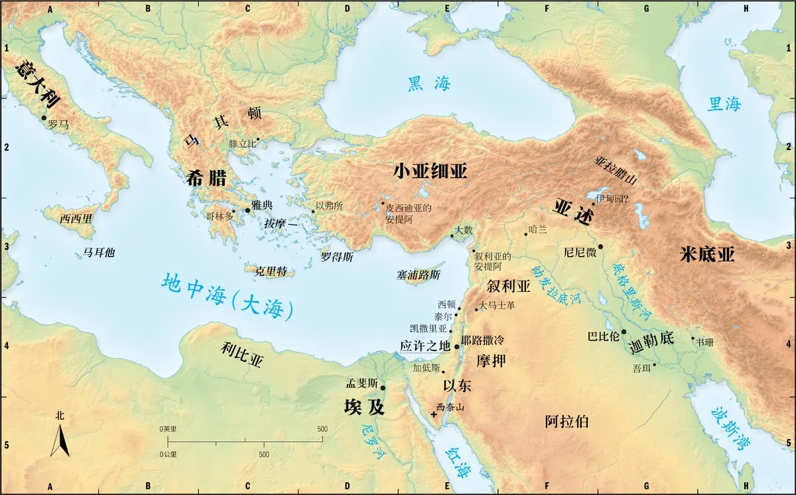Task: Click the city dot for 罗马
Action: pyautogui.click(x=44, y=117)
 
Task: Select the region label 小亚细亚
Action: pyautogui.click(x=430, y=171)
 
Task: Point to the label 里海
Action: pyautogui.click(x=724, y=104)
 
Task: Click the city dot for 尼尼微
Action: pyautogui.click(x=600, y=247)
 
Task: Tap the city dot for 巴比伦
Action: pyautogui.click(x=624, y=332)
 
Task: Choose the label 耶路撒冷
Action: pyautogui.click(x=482, y=340)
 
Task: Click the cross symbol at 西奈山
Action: pyautogui.click(x=434, y=414)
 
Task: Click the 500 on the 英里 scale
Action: pyautogui.click(x=322, y=429)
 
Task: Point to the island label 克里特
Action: pyautogui.click(x=271, y=271)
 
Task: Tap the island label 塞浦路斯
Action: pyautogui.click(x=418, y=274)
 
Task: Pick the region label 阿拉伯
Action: pyautogui.click(x=566, y=421)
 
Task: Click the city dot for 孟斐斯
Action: pyautogui.click(x=383, y=388)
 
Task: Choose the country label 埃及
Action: pyautogui.click(x=364, y=407)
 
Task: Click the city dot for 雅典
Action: pyautogui.click(x=248, y=210)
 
